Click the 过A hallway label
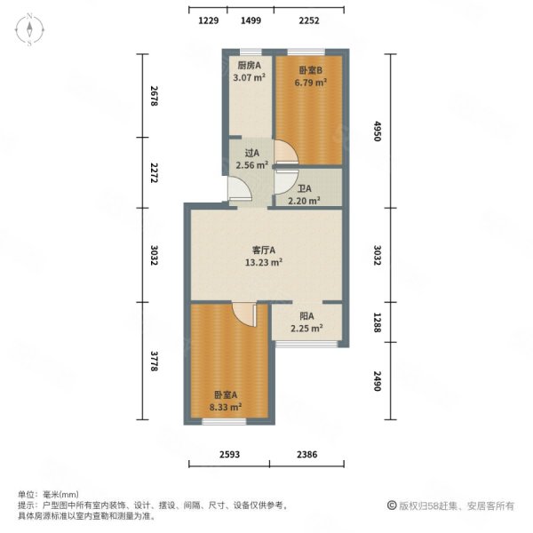[250, 153]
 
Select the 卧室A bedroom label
[225, 396]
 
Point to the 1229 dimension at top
[208, 20]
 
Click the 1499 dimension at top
[251, 20]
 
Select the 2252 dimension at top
[308, 20]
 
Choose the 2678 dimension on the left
[154, 96]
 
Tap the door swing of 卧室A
[243, 314]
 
